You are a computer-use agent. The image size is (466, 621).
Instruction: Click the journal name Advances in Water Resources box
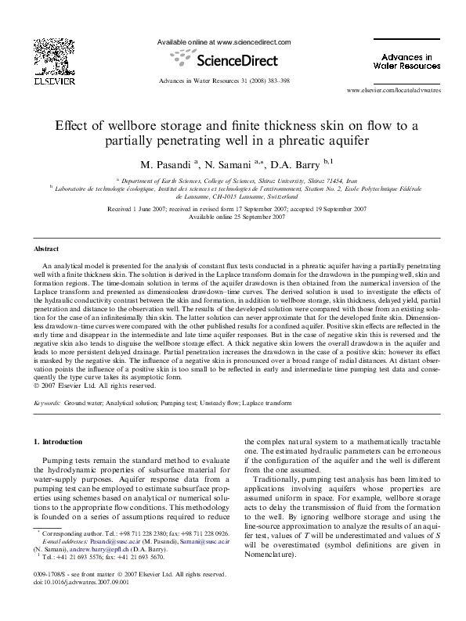tap(407, 61)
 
